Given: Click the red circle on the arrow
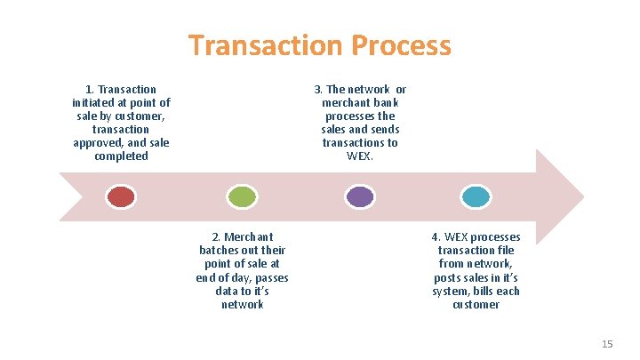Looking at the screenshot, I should (121, 196).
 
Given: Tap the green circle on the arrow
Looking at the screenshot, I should (241, 196).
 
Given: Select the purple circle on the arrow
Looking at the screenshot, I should (360, 196).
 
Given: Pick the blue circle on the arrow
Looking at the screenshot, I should (476, 196).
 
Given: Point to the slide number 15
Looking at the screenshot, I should (607, 343).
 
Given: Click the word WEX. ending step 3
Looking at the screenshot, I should (360, 156).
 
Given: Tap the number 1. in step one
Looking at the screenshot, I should (90, 90).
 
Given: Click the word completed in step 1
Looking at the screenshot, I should (121, 156).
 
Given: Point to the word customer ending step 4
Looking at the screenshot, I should (476, 305).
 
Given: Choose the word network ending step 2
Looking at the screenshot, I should (242, 305).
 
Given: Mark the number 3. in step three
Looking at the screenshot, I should (319, 90).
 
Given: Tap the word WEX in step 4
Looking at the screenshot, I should (454, 237).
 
